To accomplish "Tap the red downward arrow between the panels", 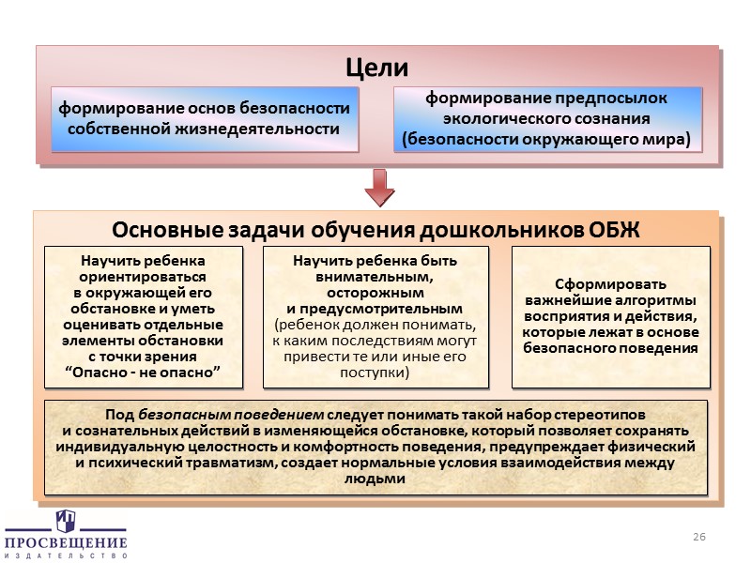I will coord(378,188).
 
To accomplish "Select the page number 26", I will coord(697,535).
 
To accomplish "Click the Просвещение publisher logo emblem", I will coord(66,522).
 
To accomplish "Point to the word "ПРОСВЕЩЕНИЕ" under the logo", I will coord(66,543).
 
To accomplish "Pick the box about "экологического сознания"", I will coord(546,118).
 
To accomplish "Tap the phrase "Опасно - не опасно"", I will coord(144,373).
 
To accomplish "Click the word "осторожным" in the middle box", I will coord(375,292).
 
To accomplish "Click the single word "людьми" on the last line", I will coord(375,479).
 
